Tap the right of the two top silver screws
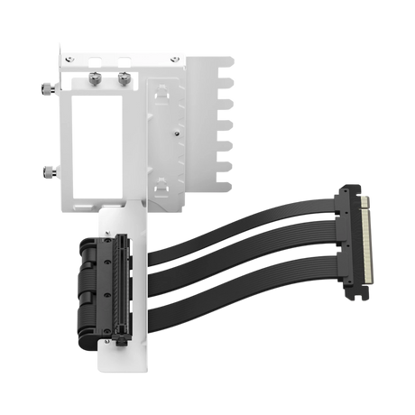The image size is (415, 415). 120,79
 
